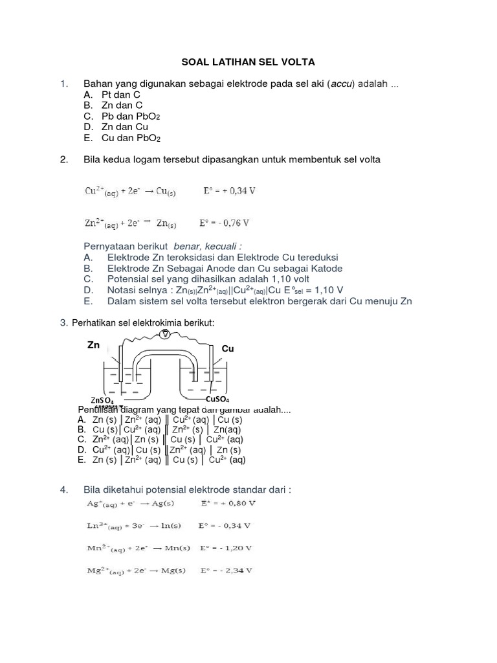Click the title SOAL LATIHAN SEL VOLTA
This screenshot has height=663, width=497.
pos(247,62)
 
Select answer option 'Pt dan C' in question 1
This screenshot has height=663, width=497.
pos(121,94)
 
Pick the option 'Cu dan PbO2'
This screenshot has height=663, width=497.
pos(131,138)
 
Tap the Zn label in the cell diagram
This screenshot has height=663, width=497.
pos(94,346)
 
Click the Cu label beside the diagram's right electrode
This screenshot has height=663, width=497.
pos(227,349)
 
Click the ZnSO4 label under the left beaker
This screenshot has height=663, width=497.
pos(103,400)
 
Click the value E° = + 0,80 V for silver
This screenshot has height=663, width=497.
pos(226,502)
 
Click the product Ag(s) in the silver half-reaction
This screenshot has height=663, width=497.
pos(167,502)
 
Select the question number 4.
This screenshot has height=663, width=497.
pos(64,490)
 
